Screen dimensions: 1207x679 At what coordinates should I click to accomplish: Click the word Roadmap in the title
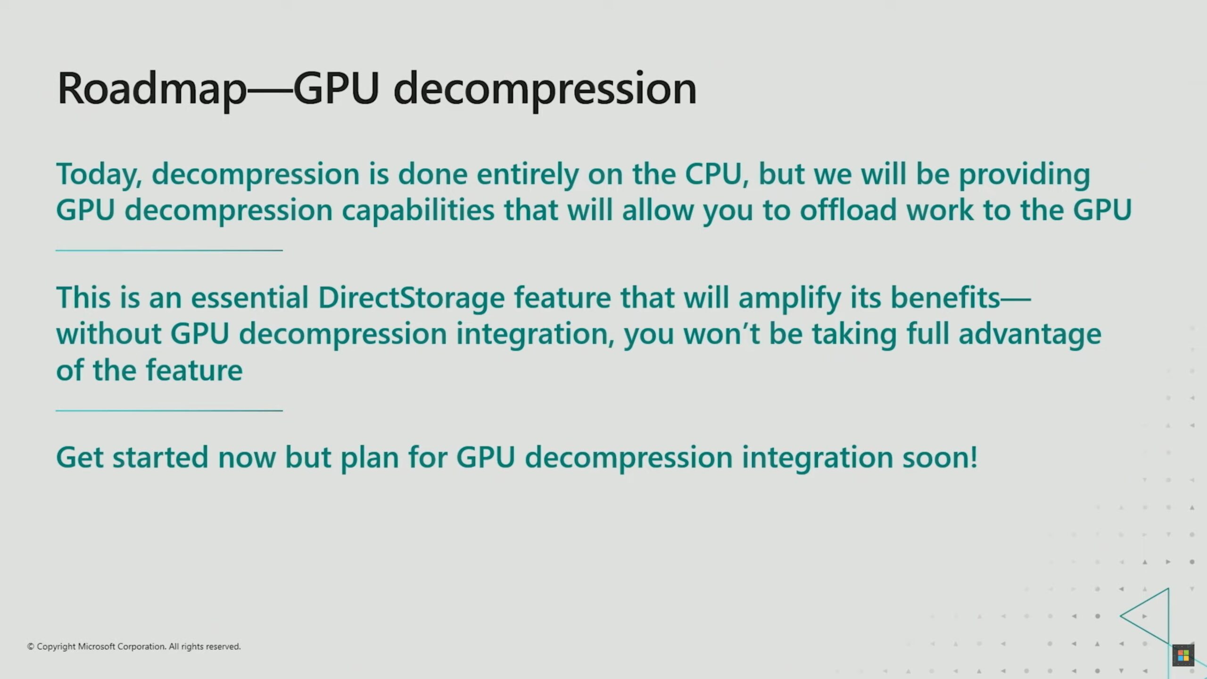point(151,89)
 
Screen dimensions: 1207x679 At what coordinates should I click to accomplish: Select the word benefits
point(945,298)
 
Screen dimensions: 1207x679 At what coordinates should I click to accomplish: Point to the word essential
point(249,298)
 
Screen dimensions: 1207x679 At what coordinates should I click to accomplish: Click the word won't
point(721,334)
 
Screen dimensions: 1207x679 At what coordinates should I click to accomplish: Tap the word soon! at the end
point(940,458)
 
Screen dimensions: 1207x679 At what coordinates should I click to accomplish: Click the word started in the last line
point(160,458)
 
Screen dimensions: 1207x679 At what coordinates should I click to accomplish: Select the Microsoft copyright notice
point(134,646)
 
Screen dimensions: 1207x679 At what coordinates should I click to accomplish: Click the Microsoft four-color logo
point(1183,655)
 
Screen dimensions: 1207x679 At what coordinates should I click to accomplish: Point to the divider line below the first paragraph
point(169,250)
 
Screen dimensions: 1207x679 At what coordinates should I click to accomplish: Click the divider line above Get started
point(169,411)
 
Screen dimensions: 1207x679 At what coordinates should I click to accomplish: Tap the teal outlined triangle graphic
point(1168,616)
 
